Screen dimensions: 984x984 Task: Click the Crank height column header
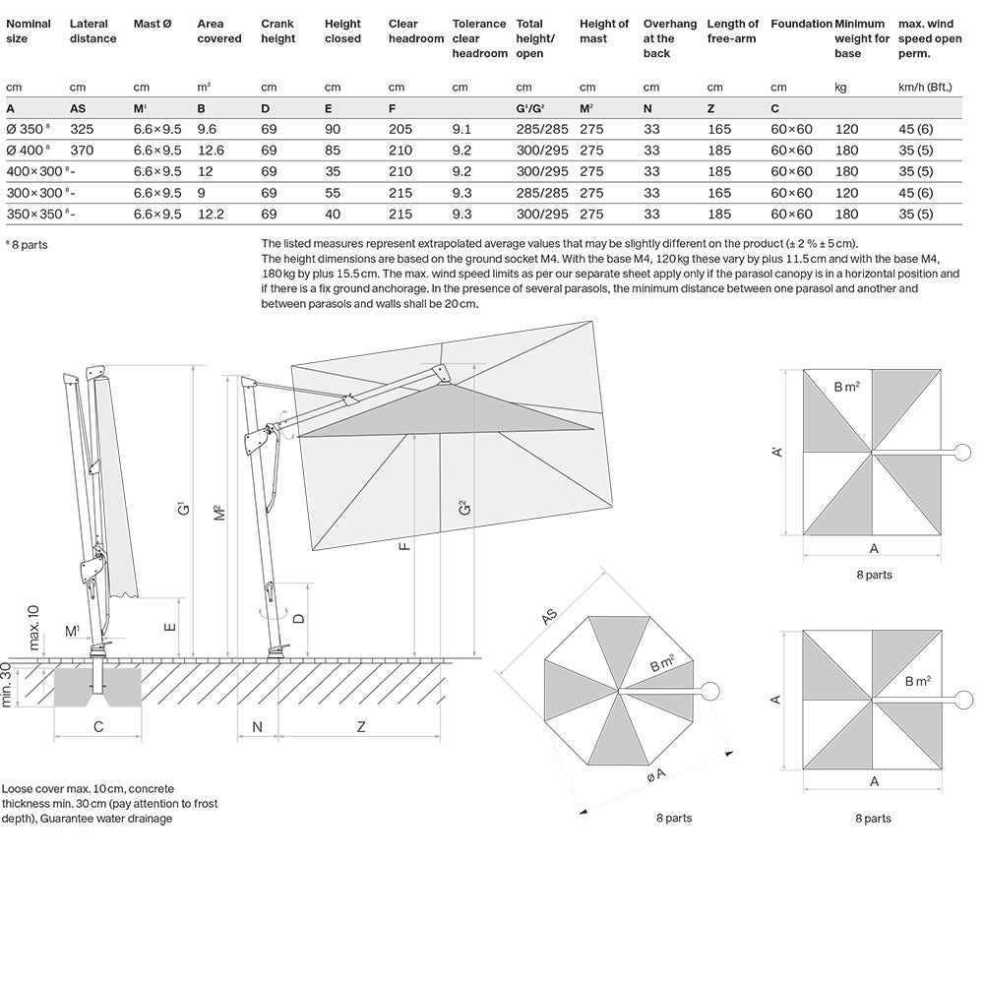(x=277, y=31)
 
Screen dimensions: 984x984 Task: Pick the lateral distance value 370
(x=82, y=151)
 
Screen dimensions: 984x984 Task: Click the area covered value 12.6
(x=211, y=151)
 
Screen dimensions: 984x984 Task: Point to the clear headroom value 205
(x=401, y=129)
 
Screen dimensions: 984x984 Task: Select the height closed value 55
(x=333, y=193)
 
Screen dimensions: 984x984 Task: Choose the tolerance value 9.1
(x=461, y=129)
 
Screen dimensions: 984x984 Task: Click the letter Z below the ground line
(x=361, y=727)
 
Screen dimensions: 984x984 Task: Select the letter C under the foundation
(x=97, y=727)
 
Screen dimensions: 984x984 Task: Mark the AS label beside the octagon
(x=549, y=617)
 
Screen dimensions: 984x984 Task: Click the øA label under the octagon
(x=655, y=774)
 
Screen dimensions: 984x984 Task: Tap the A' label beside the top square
(x=777, y=452)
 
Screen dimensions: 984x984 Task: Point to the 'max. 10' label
(x=34, y=627)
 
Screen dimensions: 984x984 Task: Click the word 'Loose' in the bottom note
(x=18, y=789)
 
